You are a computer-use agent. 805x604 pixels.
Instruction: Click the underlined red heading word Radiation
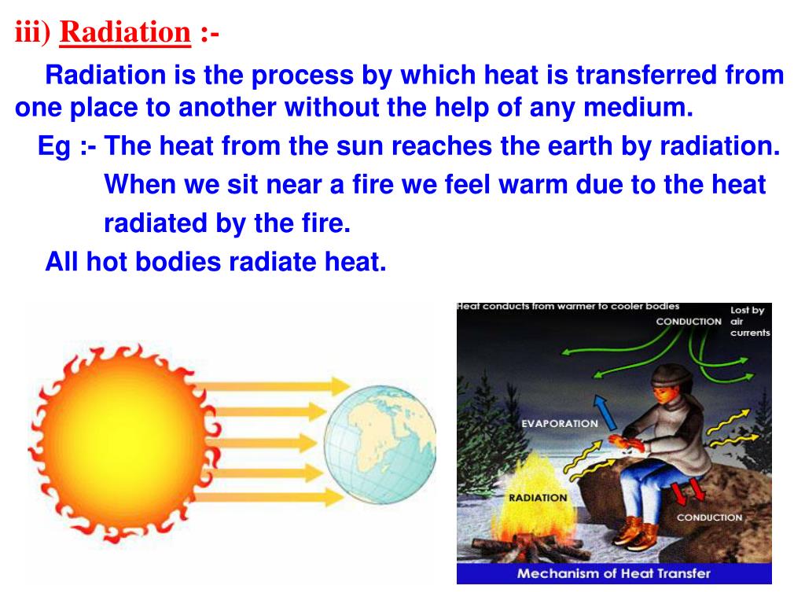[125, 31]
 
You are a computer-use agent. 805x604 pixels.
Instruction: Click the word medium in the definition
[638, 107]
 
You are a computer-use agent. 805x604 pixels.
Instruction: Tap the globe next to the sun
[380, 444]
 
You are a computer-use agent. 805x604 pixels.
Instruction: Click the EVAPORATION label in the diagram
[560, 424]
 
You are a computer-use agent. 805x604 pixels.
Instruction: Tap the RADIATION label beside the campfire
[538, 498]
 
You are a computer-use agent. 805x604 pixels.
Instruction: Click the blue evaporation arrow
[605, 412]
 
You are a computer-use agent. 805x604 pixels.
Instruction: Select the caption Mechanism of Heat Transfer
[614, 573]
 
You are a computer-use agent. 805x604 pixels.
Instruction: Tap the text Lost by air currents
[750, 322]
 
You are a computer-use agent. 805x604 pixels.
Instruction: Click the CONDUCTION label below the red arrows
[710, 517]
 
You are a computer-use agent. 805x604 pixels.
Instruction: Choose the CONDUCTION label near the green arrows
[689, 322]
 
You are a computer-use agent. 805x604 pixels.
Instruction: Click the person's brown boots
[637, 530]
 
